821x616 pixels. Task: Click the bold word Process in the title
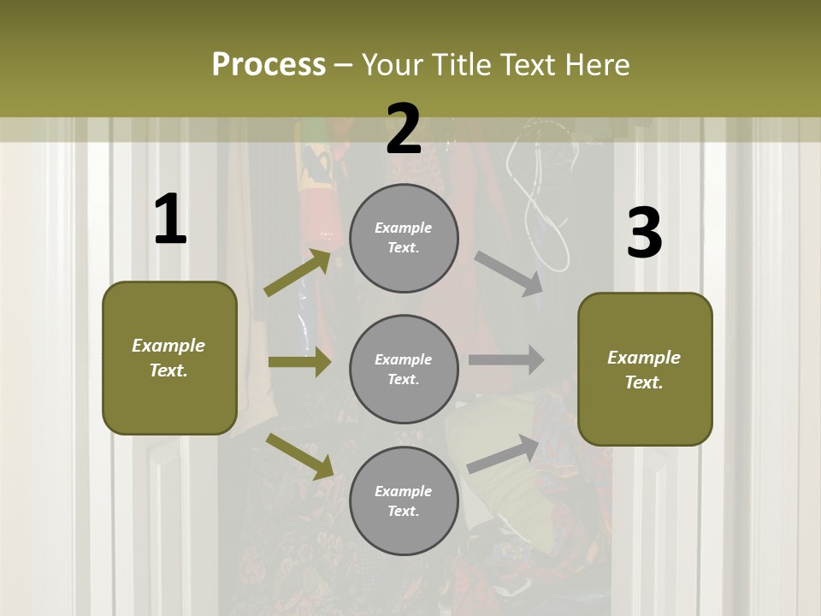(269, 64)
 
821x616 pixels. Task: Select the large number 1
(169, 220)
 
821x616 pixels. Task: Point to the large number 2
(404, 129)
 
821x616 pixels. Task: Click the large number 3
(644, 233)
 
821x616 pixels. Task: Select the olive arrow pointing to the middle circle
(299, 362)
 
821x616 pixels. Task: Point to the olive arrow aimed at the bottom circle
(300, 456)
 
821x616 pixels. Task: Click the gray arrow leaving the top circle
(510, 273)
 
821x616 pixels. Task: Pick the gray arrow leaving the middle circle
(506, 360)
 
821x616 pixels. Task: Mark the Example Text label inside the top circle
(404, 238)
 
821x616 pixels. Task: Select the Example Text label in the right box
(644, 370)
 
